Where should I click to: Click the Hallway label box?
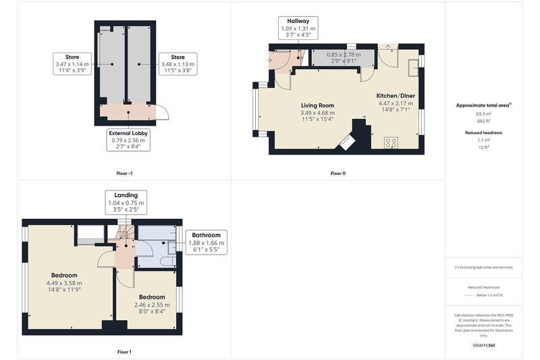point(298,28)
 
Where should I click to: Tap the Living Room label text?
point(317,105)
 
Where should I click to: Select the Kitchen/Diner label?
point(396,96)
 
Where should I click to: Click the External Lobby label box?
point(128,140)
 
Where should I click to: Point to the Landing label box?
point(126,203)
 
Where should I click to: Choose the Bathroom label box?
point(207,242)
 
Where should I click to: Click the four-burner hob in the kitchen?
point(391,143)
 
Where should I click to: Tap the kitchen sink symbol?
point(413,68)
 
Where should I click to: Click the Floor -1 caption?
point(124,174)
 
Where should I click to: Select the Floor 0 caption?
point(338,174)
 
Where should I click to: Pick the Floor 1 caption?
point(124,352)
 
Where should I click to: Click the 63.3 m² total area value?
point(484,113)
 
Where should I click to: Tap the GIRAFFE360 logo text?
point(484,345)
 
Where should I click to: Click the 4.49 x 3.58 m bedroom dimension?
point(64,283)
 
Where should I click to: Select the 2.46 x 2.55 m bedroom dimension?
point(152,305)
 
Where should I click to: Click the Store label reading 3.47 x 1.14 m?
point(72,63)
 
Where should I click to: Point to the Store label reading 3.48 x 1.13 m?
point(178,63)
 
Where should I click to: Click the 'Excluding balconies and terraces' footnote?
point(484,267)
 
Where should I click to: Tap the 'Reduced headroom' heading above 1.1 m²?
point(484,132)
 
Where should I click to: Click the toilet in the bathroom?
point(168,261)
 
